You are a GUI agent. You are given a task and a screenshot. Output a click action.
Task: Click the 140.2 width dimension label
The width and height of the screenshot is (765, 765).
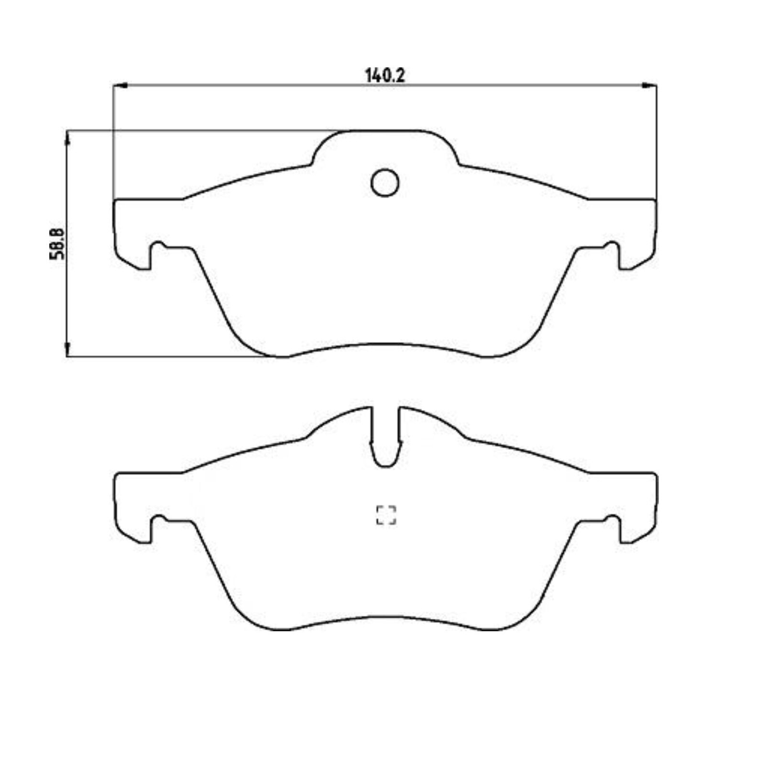(x=385, y=76)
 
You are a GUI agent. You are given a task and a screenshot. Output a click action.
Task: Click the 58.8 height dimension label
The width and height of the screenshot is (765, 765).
(x=57, y=244)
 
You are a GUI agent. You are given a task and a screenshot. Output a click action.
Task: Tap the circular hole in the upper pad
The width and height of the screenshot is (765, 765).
(x=385, y=182)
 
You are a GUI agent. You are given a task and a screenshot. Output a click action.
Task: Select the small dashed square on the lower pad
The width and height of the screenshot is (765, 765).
(x=386, y=515)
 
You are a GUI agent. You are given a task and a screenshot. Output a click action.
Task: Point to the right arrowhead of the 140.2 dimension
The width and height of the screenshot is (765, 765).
(x=650, y=86)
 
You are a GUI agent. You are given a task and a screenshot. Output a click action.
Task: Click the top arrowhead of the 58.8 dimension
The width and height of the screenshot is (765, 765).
(x=67, y=138)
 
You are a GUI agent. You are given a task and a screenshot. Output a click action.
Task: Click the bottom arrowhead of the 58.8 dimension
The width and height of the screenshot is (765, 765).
(x=67, y=349)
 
